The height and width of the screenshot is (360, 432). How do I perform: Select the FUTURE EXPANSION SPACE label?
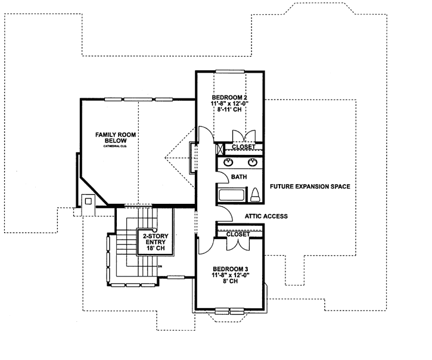pyautogui.click(x=309, y=187)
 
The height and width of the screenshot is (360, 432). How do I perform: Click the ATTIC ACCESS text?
pyautogui.click(x=266, y=216)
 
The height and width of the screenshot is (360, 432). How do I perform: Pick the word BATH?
pyautogui.click(x=239, y=176)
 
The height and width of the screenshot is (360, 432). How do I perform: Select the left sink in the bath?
pyautogui.click(x=228, y=162)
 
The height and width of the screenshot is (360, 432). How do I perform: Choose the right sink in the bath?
pyautogui.click(x=251, y=162)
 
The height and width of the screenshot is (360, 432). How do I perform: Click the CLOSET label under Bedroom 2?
pyautogui.click(x=243, y=147)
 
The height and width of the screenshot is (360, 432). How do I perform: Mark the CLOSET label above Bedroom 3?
pyautogui.click(x=238, y=234)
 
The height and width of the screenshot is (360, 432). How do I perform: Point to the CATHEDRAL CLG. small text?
pyautogui.click(x=116, y=146)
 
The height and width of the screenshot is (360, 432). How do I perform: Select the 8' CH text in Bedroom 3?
pyautogui.click(x=229, y=284)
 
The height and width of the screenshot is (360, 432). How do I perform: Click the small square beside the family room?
pyautogui.click(x=88, y=201)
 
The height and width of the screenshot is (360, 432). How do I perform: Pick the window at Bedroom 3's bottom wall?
pyautogui.click(x=229, y=309)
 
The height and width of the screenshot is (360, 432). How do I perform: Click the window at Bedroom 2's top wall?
pyautogui.click(x=229, y=72)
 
